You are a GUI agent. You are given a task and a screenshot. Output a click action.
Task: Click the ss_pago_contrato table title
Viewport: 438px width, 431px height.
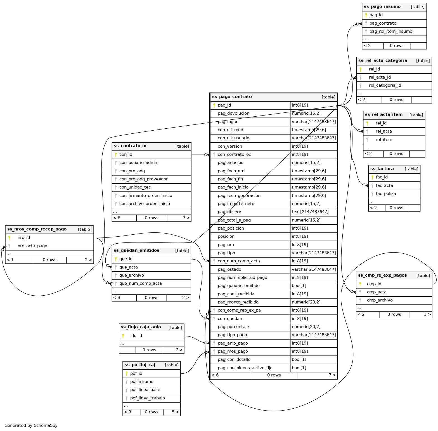(232, 97)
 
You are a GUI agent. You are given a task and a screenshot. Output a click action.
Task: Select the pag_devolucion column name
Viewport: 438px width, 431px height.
(233, 113)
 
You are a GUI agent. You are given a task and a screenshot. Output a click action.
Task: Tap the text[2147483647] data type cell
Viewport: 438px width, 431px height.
(310, 212)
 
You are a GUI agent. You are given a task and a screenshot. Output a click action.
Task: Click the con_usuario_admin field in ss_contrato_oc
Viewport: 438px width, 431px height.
(139, 162)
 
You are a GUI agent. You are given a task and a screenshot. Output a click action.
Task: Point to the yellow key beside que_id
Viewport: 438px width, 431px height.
(116, 259)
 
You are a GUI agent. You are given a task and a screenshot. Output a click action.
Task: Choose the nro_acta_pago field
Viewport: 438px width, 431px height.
(32, 246)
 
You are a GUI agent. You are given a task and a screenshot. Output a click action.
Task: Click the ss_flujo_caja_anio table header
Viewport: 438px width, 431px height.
(141, 327)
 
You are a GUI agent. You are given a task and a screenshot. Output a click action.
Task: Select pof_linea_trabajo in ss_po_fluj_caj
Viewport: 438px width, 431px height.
(147, 398)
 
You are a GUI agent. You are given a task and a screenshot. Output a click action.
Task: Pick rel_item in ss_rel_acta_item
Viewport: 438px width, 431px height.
(384, 140)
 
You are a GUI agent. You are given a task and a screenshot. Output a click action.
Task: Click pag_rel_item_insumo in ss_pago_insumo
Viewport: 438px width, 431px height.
(390, 31)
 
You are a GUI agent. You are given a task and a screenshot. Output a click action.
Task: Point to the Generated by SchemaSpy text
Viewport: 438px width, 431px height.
(31, 425)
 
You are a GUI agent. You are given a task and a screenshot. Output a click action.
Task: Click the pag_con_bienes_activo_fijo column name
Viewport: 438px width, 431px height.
(245, 368)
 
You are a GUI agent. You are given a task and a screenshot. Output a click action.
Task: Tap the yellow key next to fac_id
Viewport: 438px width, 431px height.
(372, 177)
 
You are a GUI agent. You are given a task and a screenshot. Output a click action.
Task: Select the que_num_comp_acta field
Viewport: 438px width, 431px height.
(140, 283)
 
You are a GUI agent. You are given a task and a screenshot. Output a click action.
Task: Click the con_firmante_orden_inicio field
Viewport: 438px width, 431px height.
(146, 196)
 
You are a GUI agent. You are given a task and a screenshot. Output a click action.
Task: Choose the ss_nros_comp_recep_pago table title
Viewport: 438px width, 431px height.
(37, 229)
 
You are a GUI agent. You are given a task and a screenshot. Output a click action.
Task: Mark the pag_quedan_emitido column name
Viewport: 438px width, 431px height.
(238, 286)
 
